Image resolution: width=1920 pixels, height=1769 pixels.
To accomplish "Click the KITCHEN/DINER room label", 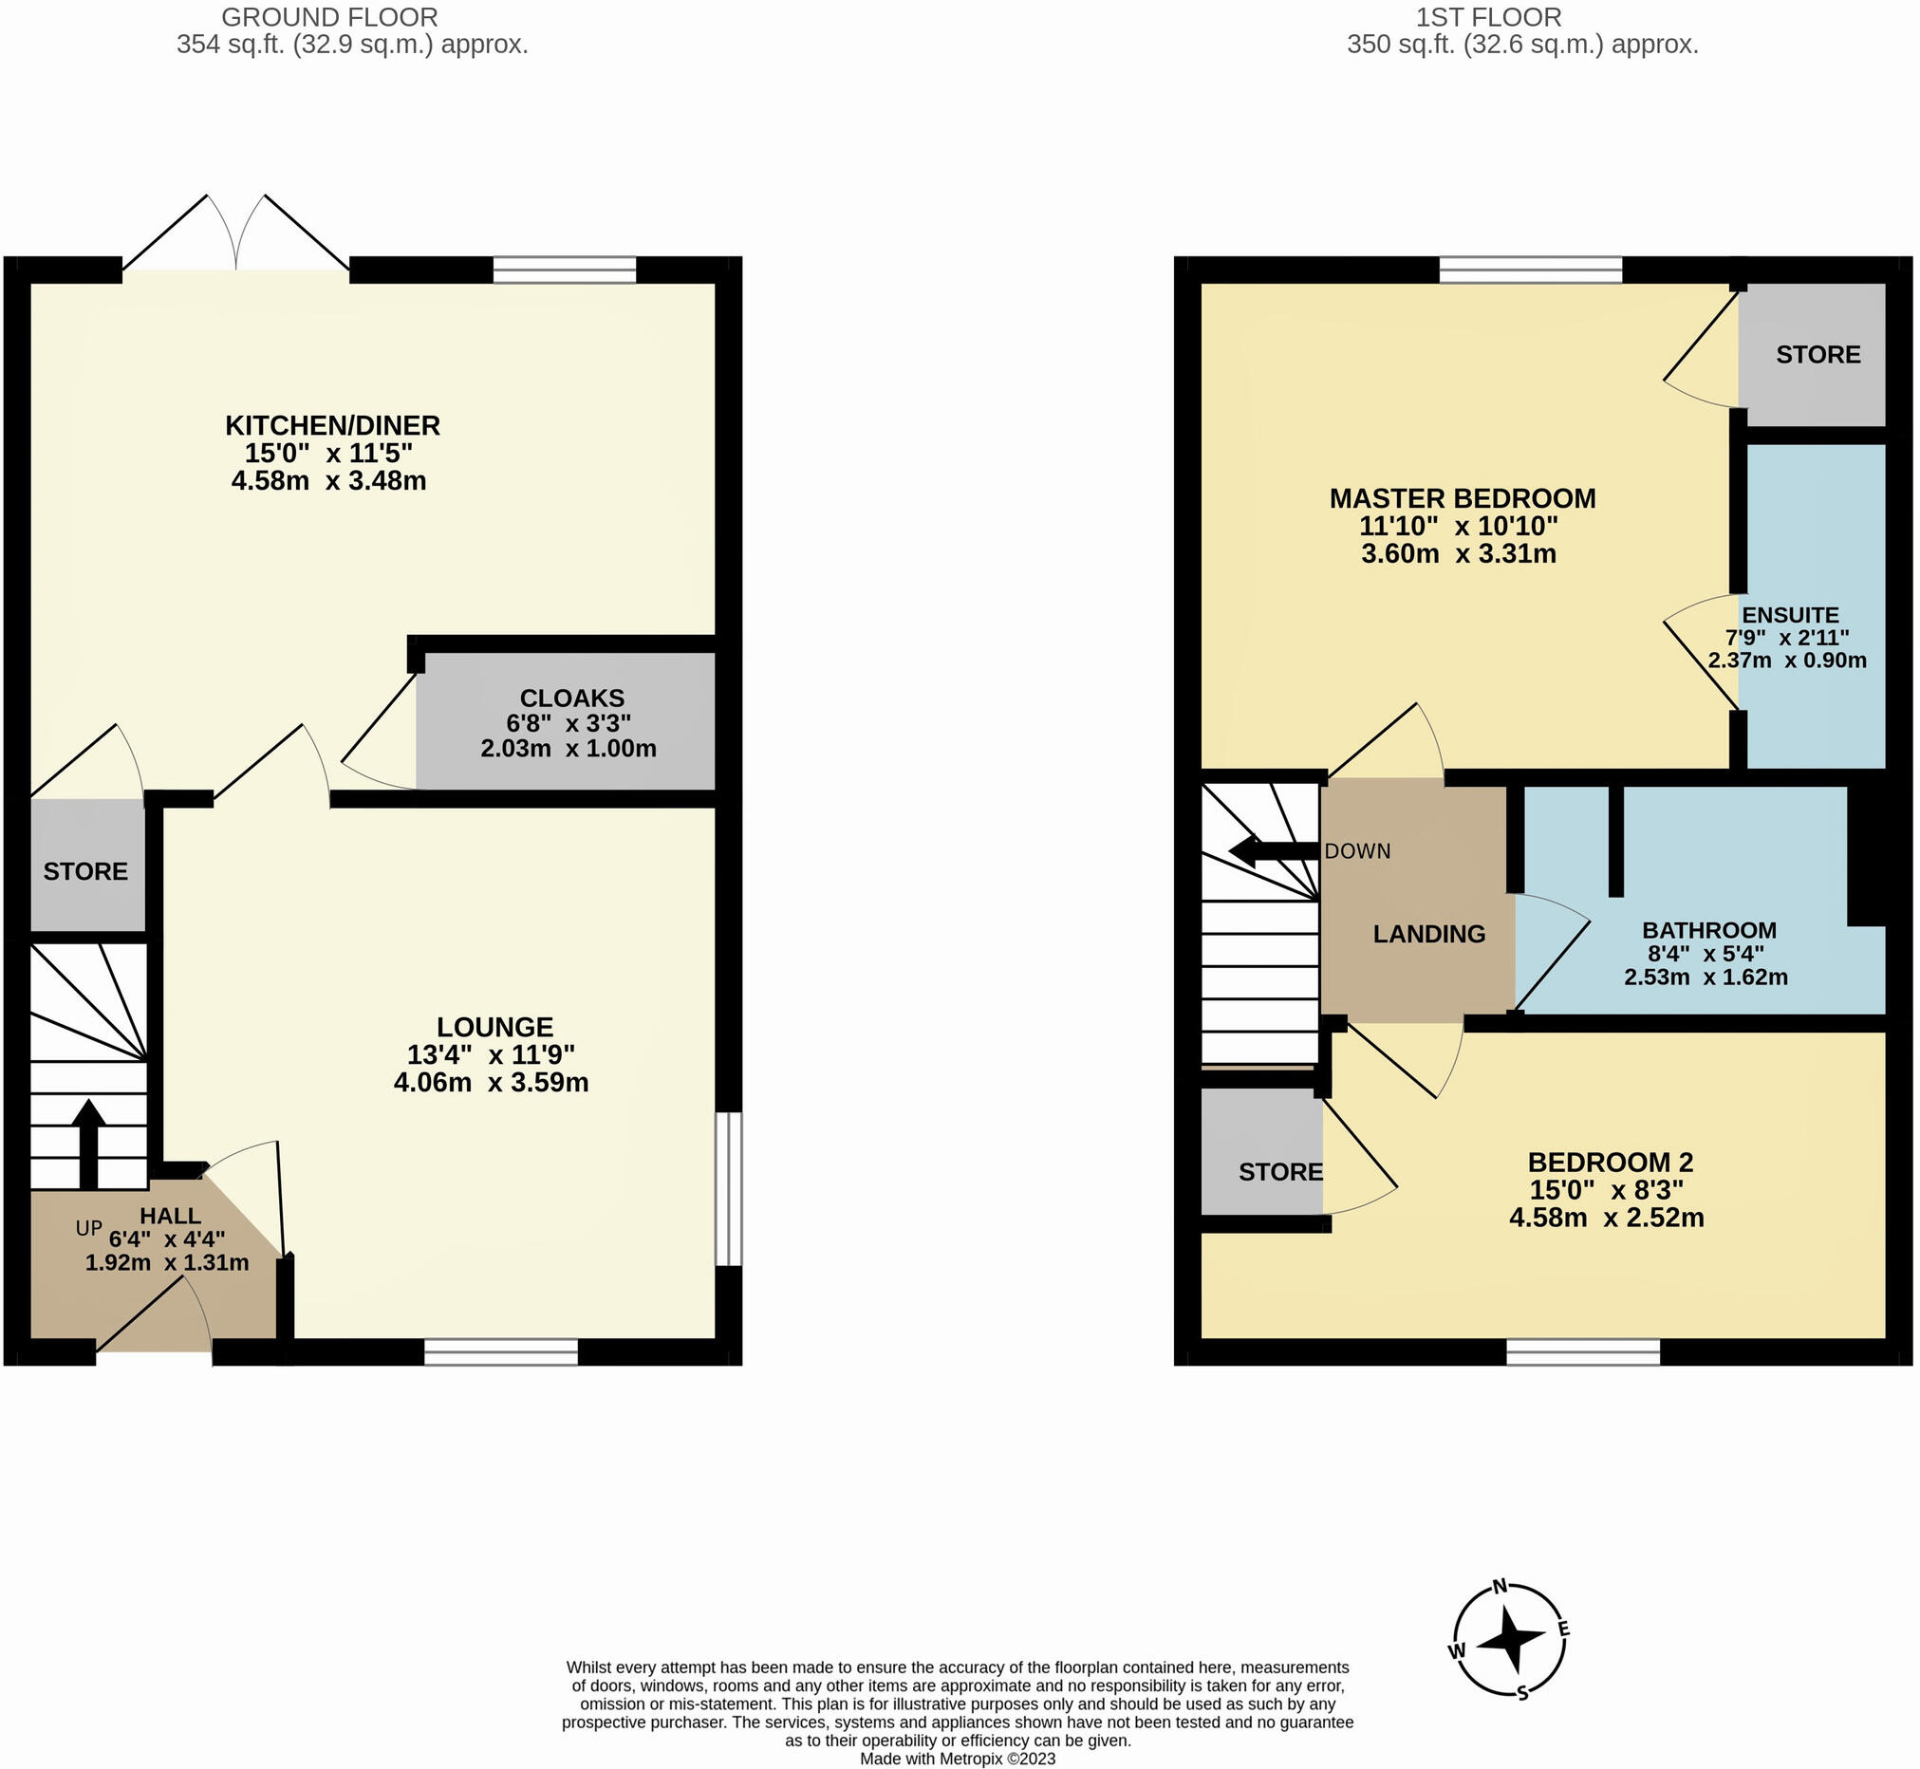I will (x=332, y=425).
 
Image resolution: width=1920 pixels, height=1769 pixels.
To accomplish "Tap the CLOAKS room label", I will (x=571, y=698).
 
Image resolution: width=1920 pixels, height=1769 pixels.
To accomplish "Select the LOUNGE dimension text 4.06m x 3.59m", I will (x=491, y=1083).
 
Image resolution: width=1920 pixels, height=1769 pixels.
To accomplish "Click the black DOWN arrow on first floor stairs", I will (x=1271, y=850).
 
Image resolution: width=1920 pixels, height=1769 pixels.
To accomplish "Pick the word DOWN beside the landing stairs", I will (x=1357, y=851).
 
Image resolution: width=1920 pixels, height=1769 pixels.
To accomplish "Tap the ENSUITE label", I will (x=1790, y=616).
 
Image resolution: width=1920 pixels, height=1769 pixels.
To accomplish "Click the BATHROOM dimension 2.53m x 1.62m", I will (x=1706, y=978).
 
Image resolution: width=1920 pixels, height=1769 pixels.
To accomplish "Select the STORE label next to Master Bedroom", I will (x=1817, y=355).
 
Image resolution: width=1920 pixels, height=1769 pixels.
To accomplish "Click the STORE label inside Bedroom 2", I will (x=1279, y=1172).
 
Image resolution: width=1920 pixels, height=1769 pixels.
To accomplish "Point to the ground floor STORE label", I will (x=85, y=871).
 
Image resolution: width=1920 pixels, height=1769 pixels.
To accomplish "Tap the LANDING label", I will (x=1429, y=933).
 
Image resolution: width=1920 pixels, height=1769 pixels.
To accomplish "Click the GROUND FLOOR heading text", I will (x=329, y=17).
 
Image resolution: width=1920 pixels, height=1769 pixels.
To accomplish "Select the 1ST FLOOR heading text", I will (x=1488, y=17).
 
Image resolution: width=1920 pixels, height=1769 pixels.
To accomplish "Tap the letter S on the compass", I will (x=1521, y=1693).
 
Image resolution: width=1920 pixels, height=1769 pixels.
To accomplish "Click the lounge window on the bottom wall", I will (x=500, y=1350).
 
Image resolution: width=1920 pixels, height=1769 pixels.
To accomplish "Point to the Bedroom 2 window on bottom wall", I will (x=1582, y=1350).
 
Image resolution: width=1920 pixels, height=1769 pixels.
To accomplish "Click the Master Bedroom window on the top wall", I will (x=1531, y=270).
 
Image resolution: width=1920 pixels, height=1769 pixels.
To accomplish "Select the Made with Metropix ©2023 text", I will (x=957, y=1759).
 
